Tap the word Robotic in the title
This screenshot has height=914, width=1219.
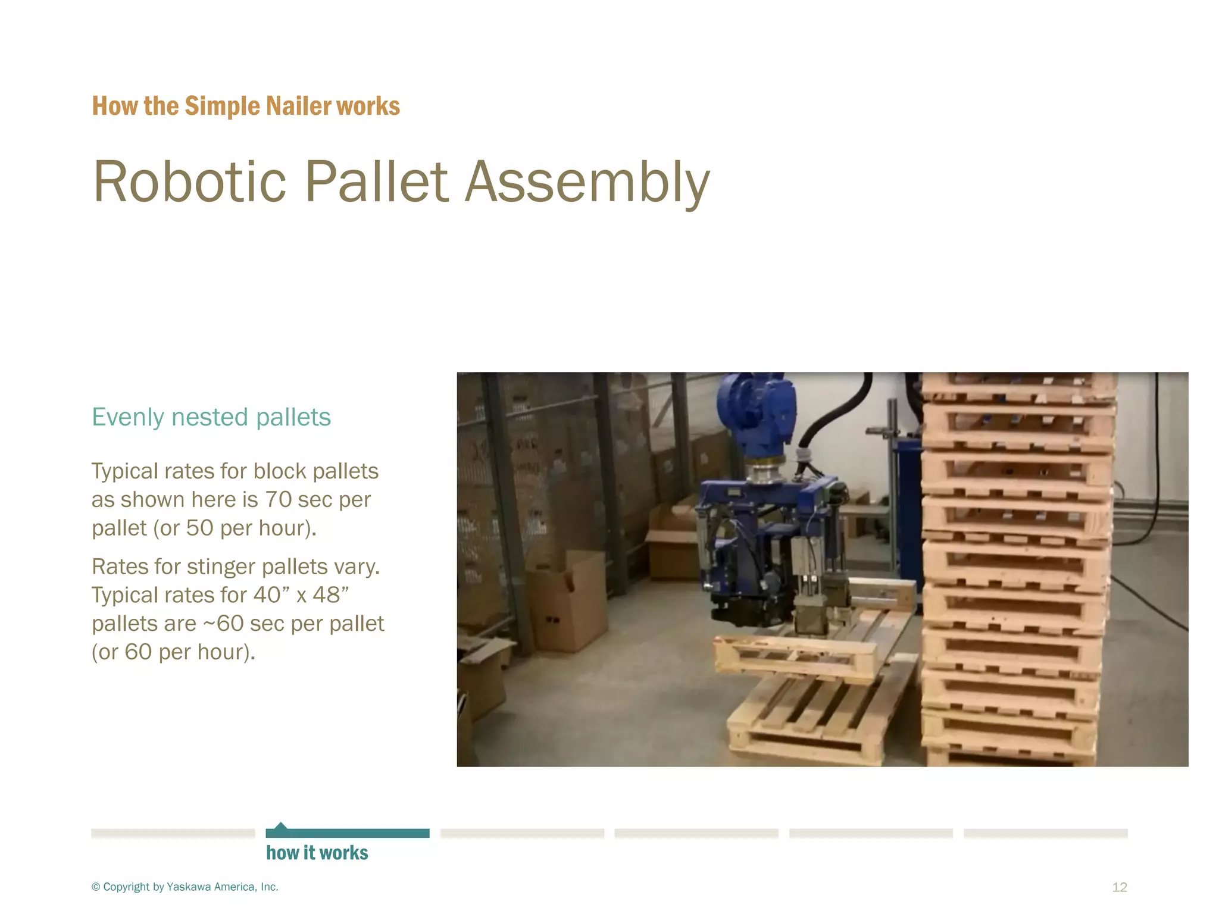190,182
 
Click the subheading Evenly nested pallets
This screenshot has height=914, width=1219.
211,417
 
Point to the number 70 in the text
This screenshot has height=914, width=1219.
279,500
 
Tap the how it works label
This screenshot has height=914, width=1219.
317,853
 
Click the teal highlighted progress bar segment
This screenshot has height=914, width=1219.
348,833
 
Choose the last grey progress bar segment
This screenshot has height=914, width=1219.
1045,833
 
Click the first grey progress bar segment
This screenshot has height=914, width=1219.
173,833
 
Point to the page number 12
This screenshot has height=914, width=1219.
1119,887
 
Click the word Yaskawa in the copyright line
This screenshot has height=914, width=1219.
189,887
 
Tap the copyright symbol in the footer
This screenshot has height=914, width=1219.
96,887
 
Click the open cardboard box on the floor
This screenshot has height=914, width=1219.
568,601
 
